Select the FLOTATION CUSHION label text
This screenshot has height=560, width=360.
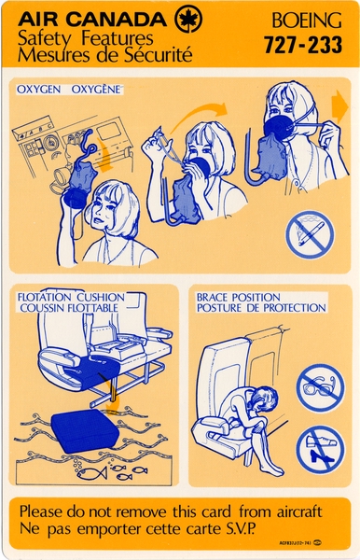71,297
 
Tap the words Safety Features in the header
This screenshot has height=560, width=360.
89,38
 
